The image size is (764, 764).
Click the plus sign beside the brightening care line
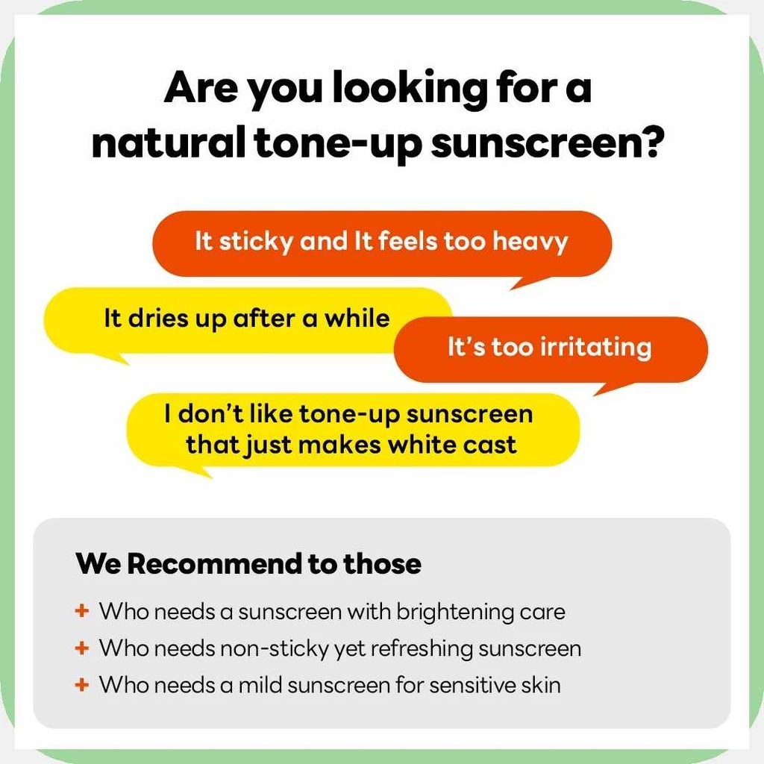click(81, 612)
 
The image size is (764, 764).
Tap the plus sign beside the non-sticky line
click(81, 648)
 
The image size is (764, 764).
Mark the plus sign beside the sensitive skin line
click(81, 684)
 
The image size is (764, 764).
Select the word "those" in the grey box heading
click(382, 563)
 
